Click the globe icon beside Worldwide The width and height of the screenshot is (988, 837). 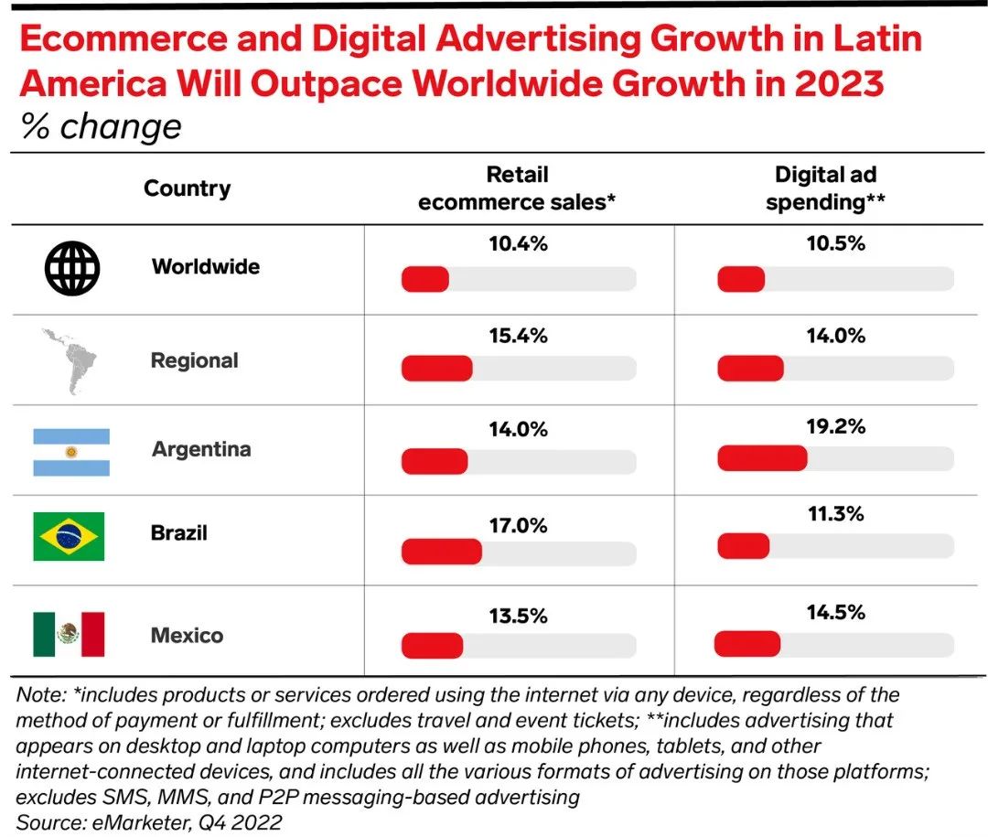(72, 267)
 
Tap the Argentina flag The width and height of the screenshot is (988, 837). (71, 452)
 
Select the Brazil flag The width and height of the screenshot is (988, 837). (69, 536)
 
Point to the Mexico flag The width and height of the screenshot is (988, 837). (69, 634)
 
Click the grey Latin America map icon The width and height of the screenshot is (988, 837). (72, 362)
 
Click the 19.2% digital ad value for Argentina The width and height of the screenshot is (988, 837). (835, 426)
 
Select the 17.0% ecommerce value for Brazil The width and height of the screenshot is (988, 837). (518, 525)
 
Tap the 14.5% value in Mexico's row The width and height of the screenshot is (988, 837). (835, 613)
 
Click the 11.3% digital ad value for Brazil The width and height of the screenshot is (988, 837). (835, 514)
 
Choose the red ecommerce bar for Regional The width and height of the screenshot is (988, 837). (436, 369)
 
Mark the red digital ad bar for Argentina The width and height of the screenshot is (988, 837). (762, 458)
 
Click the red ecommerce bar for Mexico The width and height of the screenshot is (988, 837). (432, 646)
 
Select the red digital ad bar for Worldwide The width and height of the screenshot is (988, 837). (741, 279)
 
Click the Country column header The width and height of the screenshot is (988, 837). (187, 188)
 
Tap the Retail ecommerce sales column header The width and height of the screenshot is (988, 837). (517, 188)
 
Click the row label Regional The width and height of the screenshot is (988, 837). (194, 360)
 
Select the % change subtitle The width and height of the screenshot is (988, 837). (101, 127)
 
